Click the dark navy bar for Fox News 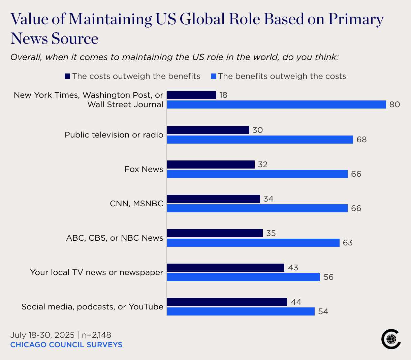(x=211, y=164)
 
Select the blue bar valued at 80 (x=276, y=104)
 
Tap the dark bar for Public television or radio (x=208, y=130)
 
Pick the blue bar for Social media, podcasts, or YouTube (x=241, y=311)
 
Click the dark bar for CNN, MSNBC (x=213, y=199)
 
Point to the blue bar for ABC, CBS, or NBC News (x=253, y=243)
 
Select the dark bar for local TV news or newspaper (x=225, y=268)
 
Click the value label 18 (x=223, y=95)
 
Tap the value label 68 (x=361, y=140)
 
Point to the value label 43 (x=293, y=268)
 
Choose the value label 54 (x=323, y=311)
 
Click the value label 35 (x=271, y=233)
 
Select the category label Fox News (x=144, y=169)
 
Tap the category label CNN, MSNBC (x=136, y=204)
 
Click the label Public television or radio (x=114, y=135)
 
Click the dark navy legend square (x=67, y=76)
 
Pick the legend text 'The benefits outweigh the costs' (x=282, y=76)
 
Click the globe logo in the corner (x=391, y=339)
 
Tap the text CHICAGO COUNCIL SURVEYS (x=66, y=345)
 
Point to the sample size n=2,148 (x=96, y=335)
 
